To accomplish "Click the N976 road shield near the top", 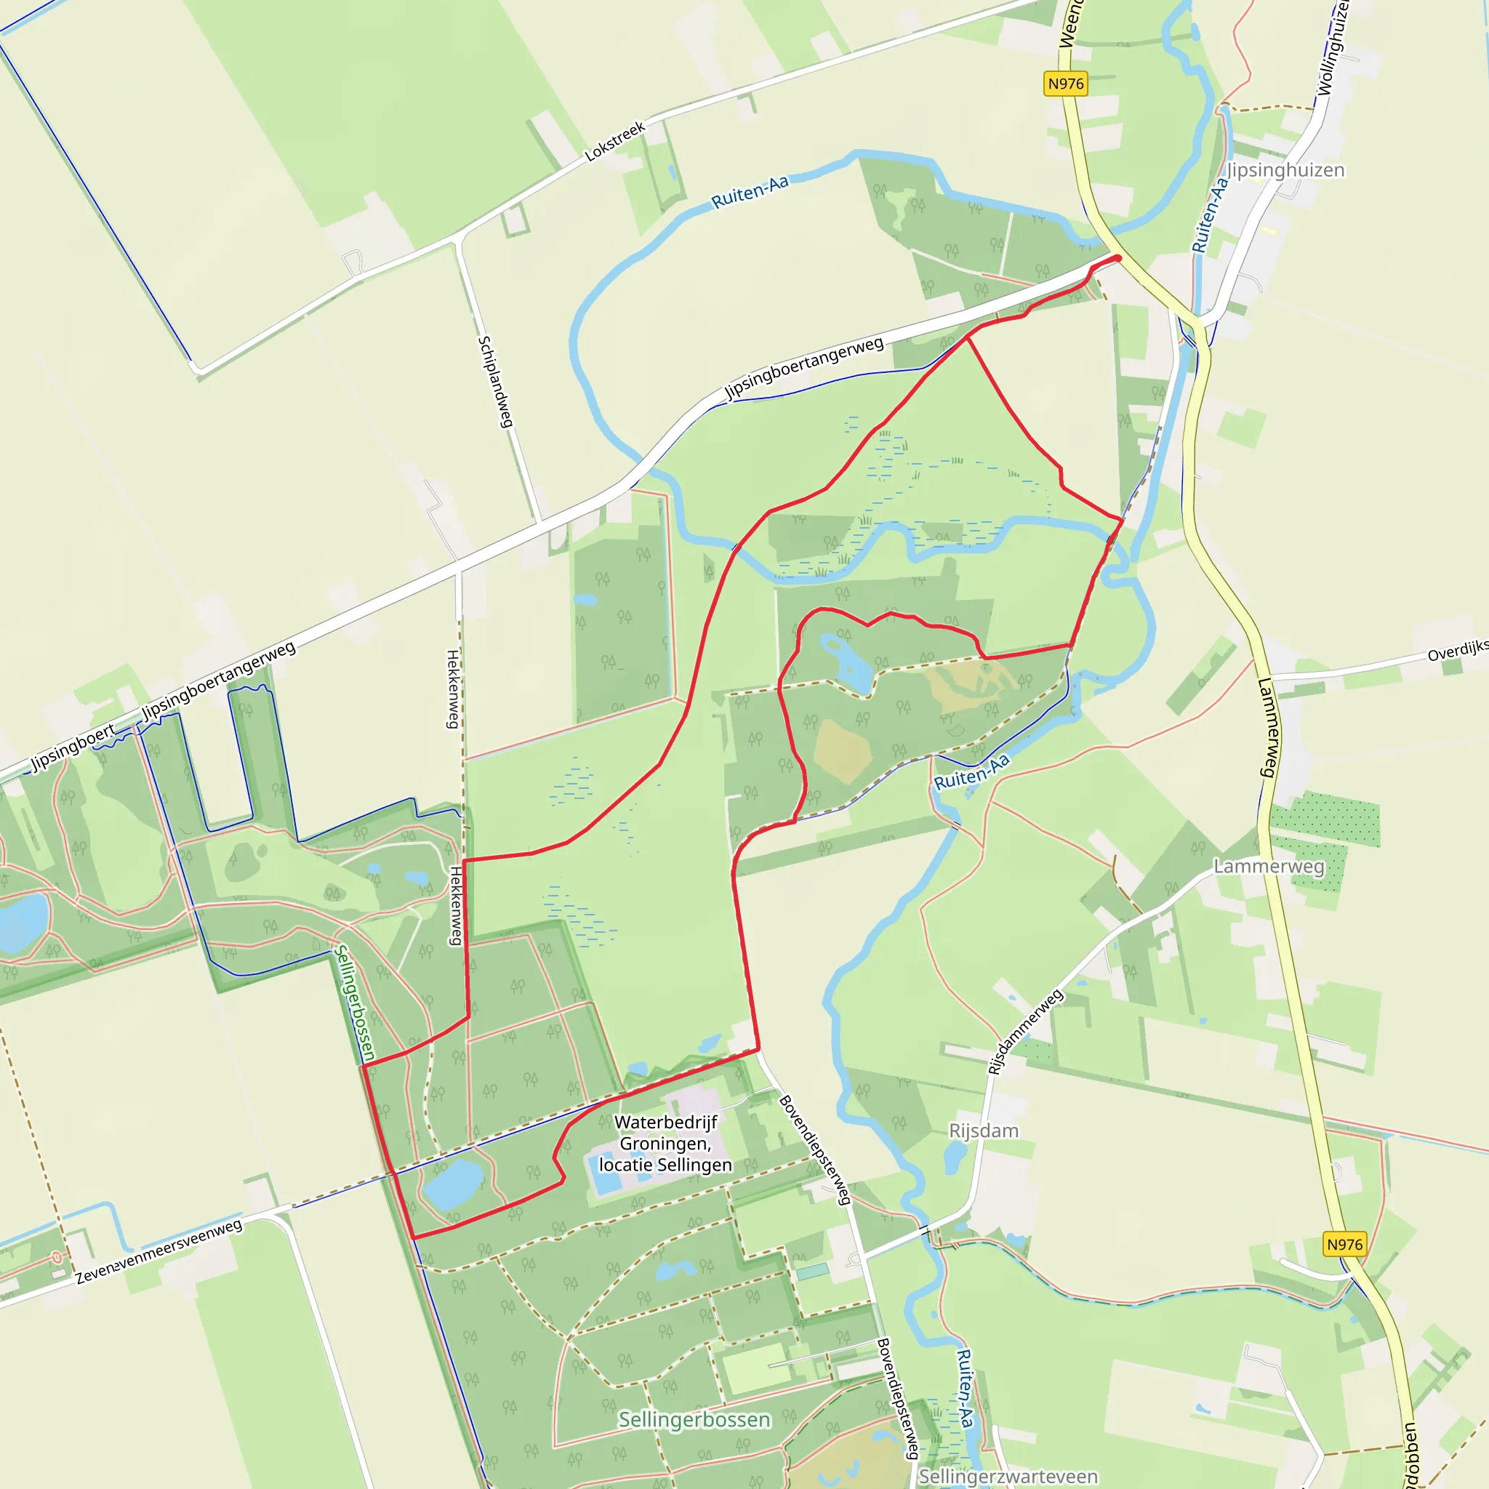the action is pyautogui.click(x=1065, y=83).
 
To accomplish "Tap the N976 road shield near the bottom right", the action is pyautogui.click(x=1345, y=1244).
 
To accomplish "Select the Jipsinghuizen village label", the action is pyautogui.click(x=1285, y=169).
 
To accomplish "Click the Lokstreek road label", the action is pyautogui.click(x=614, y=142).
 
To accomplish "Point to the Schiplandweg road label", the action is pyautogui.click(x=495, y=382).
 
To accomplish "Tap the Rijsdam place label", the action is pyautogui.click(x=984, y=1131).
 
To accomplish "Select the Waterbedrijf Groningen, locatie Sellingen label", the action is pyautogui.click(x=666, y=1143).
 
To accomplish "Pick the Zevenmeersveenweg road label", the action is pyautogui.click(x=158, y=1251).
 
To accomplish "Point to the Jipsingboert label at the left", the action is pyautogui.click(x=73, y=747).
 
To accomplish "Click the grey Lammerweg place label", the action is pyautogui.click(x=1269, y=866).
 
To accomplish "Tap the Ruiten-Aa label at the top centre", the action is pyautogui.click(x=749, y=191).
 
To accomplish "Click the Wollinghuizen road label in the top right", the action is pyautogui.click(x=1333, y=47).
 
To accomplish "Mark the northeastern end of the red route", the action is pyautogui.click(x=1118, y=257).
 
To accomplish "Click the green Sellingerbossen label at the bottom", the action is pyautogui.click(x=694, y=1419).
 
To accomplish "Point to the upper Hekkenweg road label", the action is pyautogui.click(x=453, y=689).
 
